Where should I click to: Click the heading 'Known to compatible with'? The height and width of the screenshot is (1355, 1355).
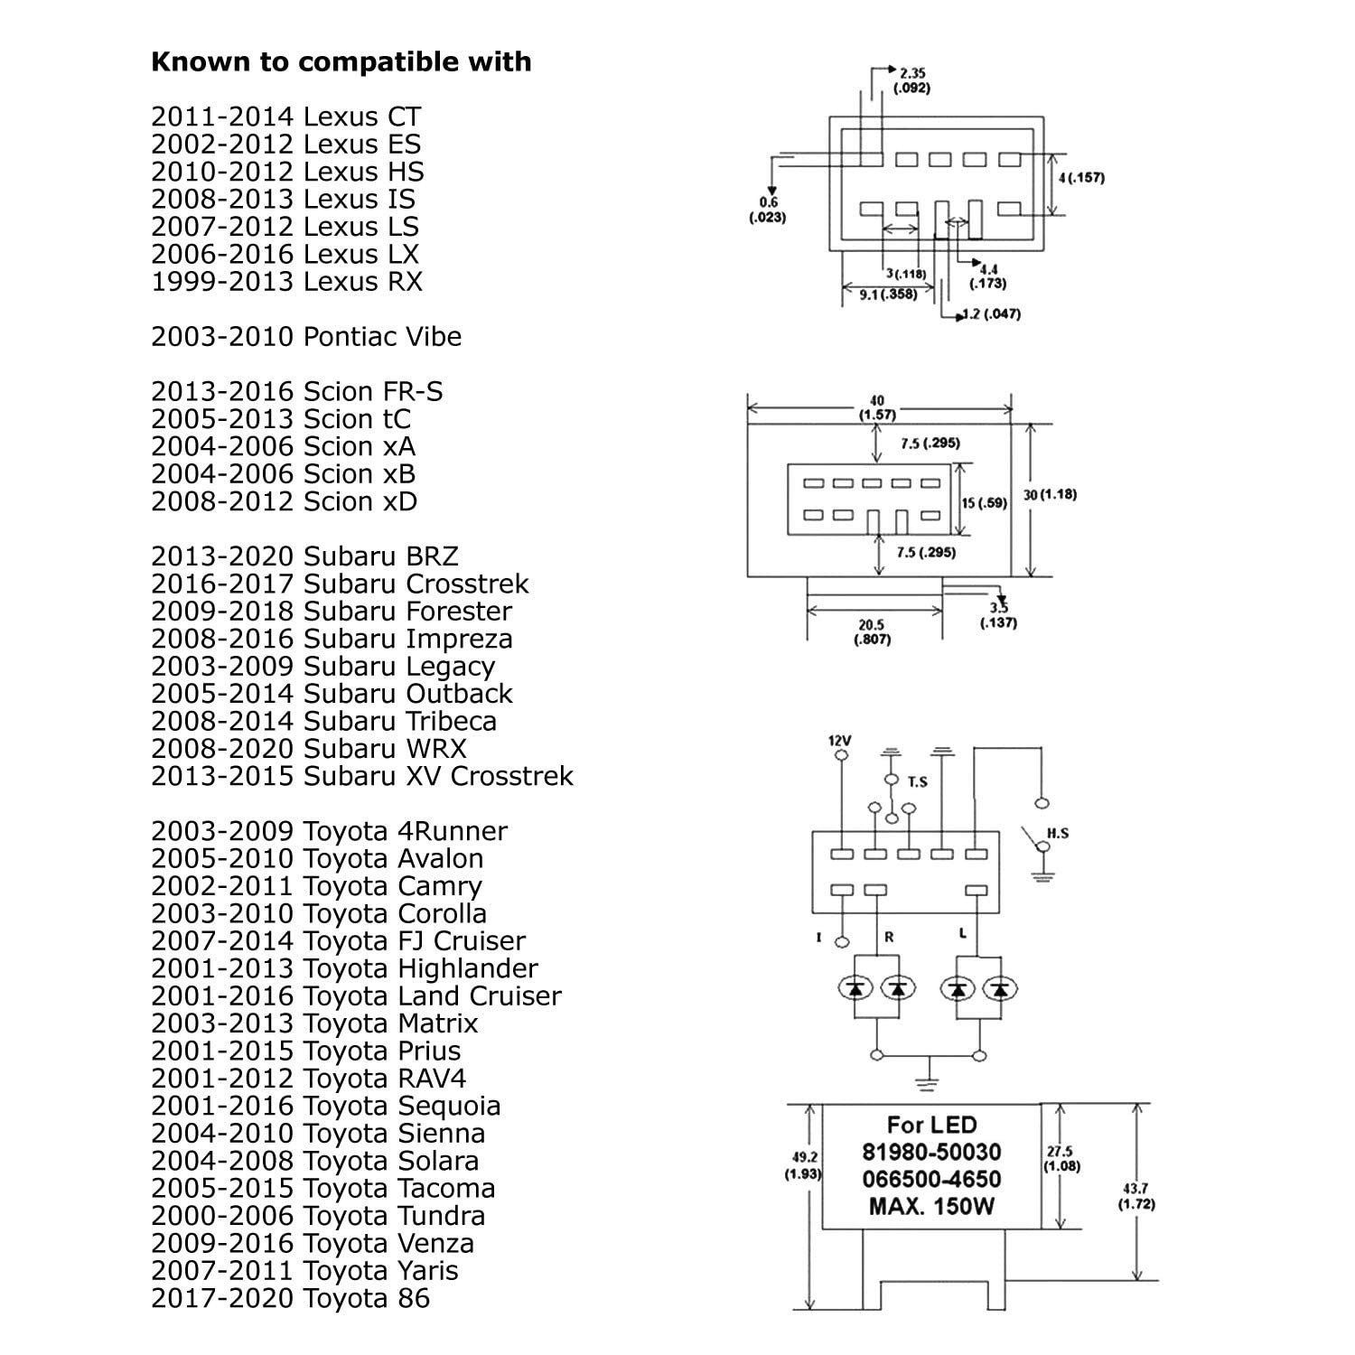(341, 62)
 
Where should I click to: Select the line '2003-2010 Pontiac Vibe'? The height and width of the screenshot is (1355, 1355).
(306, 337)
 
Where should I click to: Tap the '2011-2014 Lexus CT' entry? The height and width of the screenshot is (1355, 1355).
(285, 117)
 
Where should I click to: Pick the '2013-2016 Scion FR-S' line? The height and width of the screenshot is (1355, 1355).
(296, 392)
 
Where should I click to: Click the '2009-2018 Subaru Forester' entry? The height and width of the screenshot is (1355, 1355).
(332, 612)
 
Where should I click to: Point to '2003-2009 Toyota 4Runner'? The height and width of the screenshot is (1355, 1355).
(329, 831)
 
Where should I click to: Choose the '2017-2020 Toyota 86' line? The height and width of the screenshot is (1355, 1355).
(290, 1298)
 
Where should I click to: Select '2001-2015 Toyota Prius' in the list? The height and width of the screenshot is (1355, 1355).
(305, 1051)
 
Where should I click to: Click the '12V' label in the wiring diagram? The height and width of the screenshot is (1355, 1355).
(840, 741)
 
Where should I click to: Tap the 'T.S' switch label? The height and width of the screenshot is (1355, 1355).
(917, 782)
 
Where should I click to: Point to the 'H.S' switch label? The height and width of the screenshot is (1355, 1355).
(1057, 833)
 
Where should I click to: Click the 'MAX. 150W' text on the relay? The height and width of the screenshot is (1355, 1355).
(931, 1206)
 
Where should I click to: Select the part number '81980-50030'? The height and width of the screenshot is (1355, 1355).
(931, 1152)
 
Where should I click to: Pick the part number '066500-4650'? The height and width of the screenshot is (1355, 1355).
(931, 1179)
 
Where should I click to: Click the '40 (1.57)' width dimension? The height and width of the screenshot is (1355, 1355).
(877, 407)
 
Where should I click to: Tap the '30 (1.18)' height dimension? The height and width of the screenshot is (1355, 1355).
(1050, 495)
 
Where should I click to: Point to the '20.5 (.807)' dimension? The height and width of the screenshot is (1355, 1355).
(872, 631)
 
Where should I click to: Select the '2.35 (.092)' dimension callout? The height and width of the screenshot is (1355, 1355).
(911, 80)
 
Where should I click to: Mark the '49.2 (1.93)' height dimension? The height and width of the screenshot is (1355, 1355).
(800, 1165)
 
